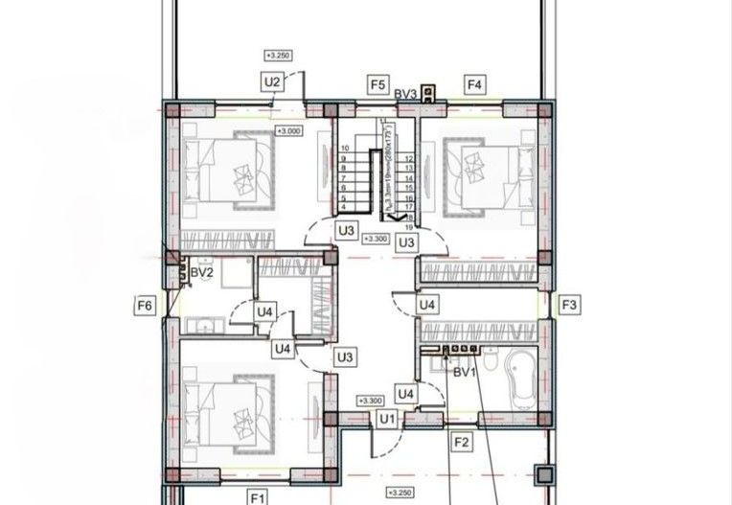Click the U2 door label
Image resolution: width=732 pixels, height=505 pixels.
coord(272,83)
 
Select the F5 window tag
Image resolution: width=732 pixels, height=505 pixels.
coord(377,84)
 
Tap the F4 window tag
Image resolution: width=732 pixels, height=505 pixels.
coord(474,84)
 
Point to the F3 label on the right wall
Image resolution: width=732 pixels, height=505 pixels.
coord(569,306)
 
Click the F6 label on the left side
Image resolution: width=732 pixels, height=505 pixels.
coord(145,306)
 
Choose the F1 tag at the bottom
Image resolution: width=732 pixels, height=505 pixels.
coord(257,496)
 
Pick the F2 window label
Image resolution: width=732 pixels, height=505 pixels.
coord(462,443)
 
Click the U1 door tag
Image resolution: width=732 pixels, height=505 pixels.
coord(387,419)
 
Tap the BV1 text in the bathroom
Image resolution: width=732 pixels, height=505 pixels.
coord(465,372)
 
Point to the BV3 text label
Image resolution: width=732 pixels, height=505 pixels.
coord(405,93)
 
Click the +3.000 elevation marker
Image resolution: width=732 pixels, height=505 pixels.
coord(287,130)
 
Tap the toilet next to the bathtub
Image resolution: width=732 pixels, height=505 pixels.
coord(489,365)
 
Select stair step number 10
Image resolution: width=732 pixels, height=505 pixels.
coord(343,149)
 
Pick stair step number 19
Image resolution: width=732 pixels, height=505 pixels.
coord(409,226)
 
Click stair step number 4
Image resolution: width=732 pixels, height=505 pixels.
coord(343,206)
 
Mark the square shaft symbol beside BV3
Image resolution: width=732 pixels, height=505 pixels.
coord(429,93)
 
